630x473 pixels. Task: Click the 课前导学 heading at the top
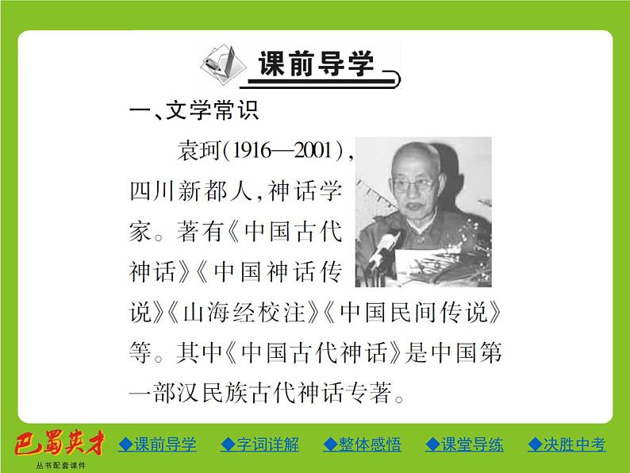pyautogui.click(x=316, y=63)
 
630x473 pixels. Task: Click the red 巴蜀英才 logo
pyautogui.click(x=55, y=444)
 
